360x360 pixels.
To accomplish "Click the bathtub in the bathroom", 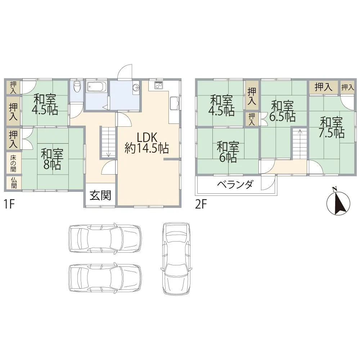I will click(97, 87).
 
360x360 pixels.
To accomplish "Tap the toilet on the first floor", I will click(76, 87).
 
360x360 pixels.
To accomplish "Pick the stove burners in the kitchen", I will click(159, 86).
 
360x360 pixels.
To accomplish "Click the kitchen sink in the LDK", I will click(175, 103).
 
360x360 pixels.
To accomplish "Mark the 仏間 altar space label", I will click(13, 182).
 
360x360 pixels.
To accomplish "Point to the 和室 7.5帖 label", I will click(331, 127).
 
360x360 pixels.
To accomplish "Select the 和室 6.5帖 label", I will click(283, 111).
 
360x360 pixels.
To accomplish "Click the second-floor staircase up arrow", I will click(300, 132).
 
